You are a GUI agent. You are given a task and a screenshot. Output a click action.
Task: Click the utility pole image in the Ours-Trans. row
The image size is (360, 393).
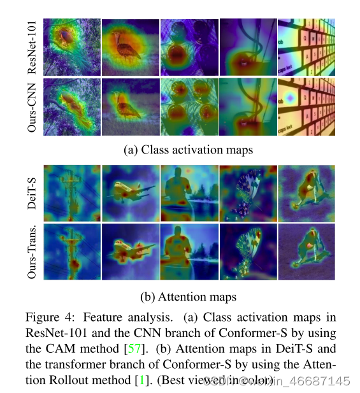coord(72,250)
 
